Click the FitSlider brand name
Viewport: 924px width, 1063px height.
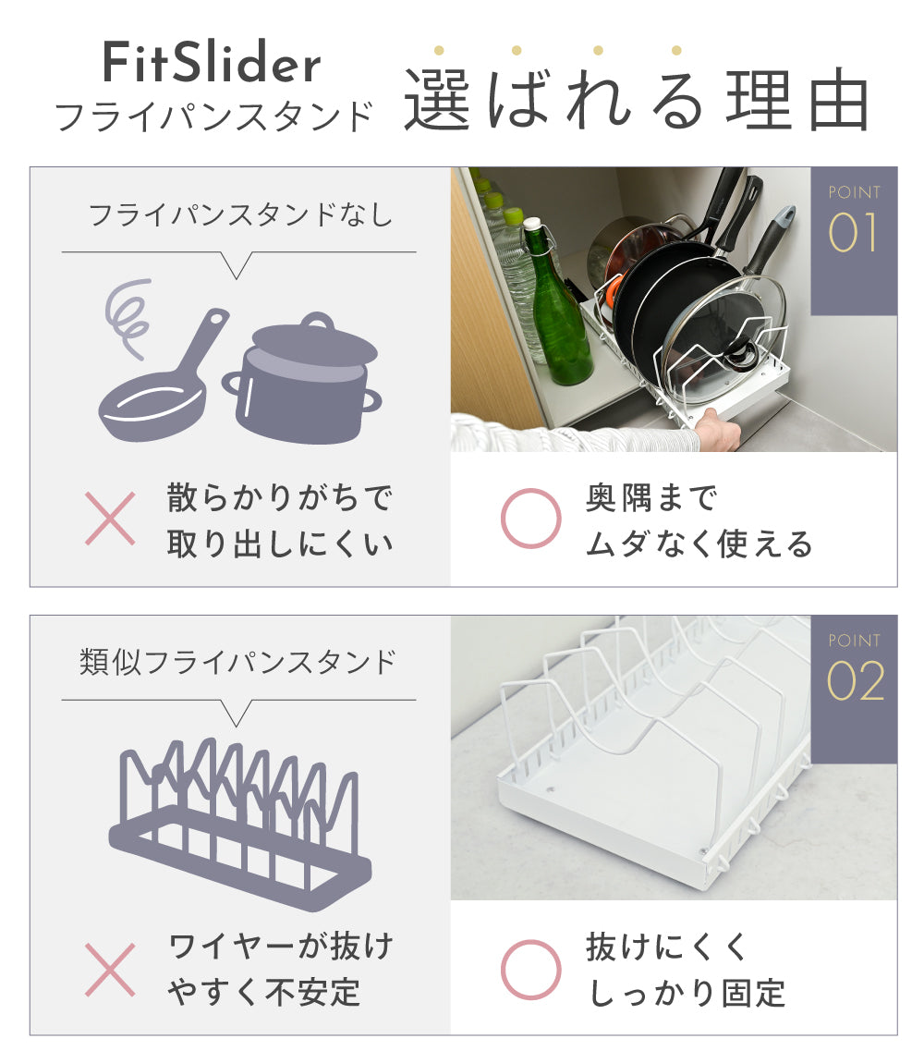212,62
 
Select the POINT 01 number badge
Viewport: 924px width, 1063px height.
854,240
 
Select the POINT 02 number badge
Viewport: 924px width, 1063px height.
854,689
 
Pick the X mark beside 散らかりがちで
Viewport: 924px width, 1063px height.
110,519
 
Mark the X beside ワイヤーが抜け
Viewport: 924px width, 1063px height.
110,970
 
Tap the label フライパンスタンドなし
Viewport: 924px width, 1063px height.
240,215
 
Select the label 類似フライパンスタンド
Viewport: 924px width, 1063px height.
237,663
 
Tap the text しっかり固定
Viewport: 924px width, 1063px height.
687,994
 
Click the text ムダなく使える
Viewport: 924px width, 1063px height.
699,544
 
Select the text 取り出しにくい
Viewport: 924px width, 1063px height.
280,544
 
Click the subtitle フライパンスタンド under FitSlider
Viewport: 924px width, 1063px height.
214,116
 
